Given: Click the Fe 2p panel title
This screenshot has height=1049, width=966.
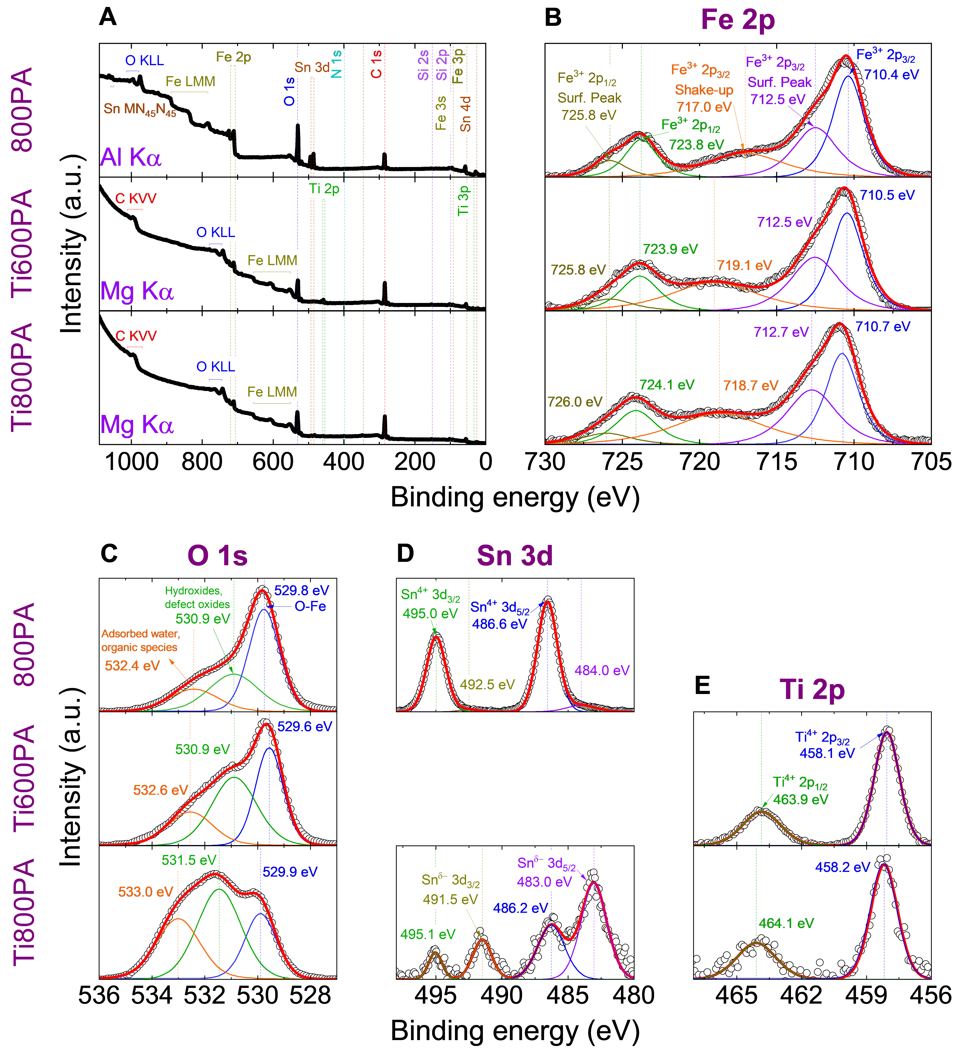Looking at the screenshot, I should click(x=738, y=20).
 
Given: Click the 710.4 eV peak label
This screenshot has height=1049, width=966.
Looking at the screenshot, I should click(x=891, y=75).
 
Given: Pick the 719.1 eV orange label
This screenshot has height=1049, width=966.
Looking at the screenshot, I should click(x=744, y=265).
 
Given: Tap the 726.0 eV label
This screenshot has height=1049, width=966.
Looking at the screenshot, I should click(x=575, y=402).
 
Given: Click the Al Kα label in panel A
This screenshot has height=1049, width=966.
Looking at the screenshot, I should click(x=131, y=157).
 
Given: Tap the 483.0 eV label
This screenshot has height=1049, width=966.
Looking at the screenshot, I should click(x=544, y=882).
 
